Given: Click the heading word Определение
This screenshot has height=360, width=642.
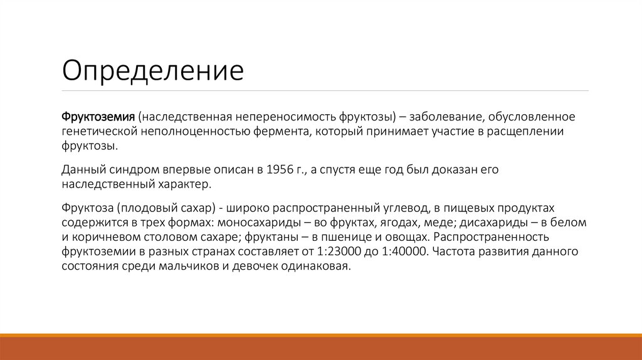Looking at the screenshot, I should coord(152,71).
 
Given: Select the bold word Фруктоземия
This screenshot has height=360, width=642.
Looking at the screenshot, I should coord(98,117).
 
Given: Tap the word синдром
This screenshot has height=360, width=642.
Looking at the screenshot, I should coord(132,170).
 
